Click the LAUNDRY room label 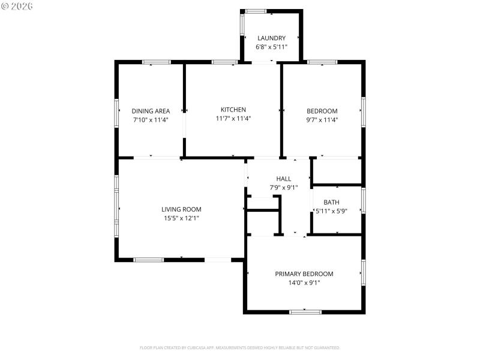pyautogui.click(x=271, y=38)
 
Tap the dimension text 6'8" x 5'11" pyautogui.click(x=271, y=47)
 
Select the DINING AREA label pyautogui.click(x=151, y=111)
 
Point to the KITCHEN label pyautogui.click(x=233, y=110)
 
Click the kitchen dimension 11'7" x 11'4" pyautogui.click(x=233, y=118)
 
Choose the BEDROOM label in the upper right pyautogui.click(x=322, y=111)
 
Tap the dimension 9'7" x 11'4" pyautogui.click(x=322, y=119)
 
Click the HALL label pyautogui.click(x=284, y=179)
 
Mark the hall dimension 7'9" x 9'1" pyautogui.click(x=284, y=187)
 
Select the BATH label pyautogui.click(x=331, y=202)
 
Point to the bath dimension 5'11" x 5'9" pyautogui.click(x=332, y=211)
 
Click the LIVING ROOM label pyautogui.click(x=181, y=209)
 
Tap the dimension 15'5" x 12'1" pyautogui.click(x=181, y=218)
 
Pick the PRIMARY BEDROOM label pyautogui.click(x=304, y=274)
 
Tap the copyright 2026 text pyautogui.click(x=17, y=6)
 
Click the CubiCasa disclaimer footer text pyautogui.click(x=240, y=347)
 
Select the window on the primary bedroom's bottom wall pyautogui.click(x=305, y=311)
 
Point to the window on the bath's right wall pyautogui.click(x=363, y=200)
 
